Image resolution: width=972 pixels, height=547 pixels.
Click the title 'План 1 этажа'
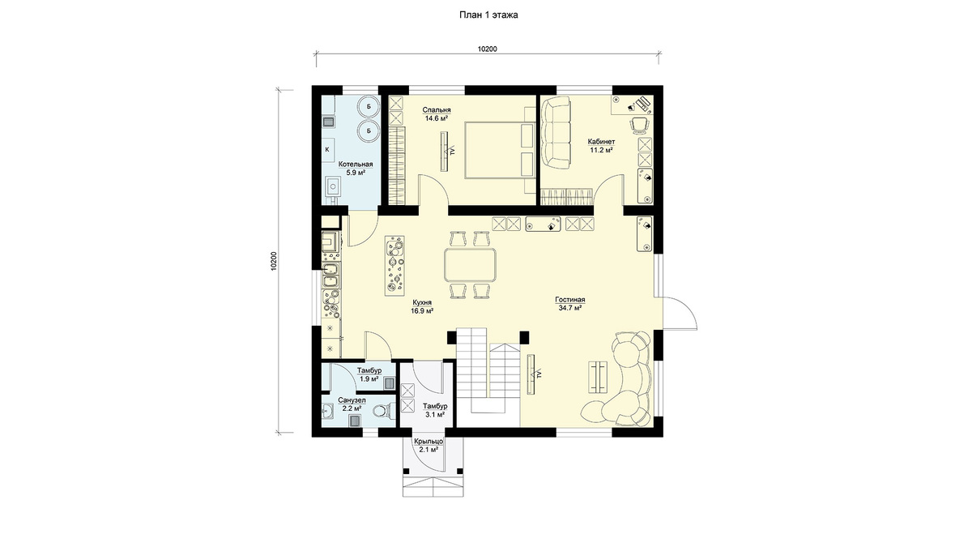(x=488, y=15)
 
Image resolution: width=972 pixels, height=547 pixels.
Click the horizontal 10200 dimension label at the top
(x=488, y=49)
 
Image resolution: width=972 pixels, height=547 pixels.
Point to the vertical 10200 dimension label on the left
(x=274, y=261)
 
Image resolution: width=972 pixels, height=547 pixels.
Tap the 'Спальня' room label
(x=437, y=110)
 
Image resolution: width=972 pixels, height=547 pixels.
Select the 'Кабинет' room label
(x=601, y=142)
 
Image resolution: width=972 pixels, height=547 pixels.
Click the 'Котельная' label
(x=356, y=165)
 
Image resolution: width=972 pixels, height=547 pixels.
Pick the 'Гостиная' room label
(x=569, y=300)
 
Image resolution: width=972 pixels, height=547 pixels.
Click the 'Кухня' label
(x=422, y=302)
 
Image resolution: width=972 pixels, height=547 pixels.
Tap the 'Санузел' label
(x=352, y=400)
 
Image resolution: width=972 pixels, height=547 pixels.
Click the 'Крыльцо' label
(x=428, y=442)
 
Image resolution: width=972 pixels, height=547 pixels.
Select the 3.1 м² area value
(x=435, y=415)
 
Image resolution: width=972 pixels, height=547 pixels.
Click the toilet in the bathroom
(x=383, y=409)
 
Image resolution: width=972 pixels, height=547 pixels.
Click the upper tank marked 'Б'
(x=369, y=106)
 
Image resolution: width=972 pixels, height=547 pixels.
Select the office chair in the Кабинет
(x=638, y=126)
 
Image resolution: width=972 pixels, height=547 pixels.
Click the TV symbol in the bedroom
(x=446, y=151)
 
